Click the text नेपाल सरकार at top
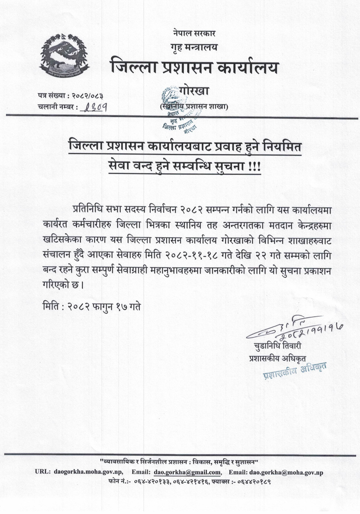click(194, 33)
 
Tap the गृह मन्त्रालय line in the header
click(194, 47)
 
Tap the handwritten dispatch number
click(95, 107)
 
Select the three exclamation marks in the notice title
click(254, 168)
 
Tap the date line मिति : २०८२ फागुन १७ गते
click(92, 307)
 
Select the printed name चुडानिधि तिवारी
click(277, 346)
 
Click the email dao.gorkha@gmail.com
click(188, 472)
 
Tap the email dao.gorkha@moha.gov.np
click(286, 472)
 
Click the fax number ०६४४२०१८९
click(254, 481)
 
